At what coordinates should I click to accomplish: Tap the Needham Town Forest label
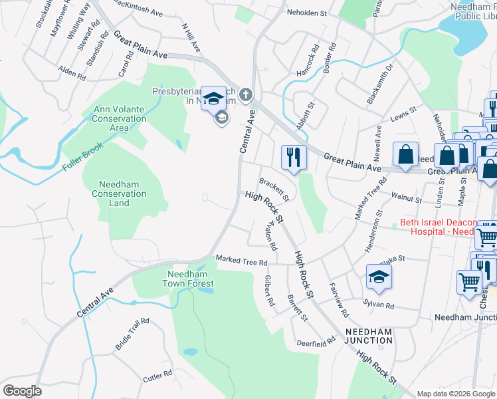click(x=187, y=279)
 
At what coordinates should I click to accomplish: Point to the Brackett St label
click(x=274, y=189)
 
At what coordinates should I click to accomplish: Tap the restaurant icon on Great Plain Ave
click(x=294, y=157)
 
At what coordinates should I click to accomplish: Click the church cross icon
click(x=246, y=94)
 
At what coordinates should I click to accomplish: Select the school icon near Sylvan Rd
click(x=379, y=276)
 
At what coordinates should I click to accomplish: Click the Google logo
click(x=22, y=391)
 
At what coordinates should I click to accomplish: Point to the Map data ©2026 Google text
click(x=456, y=394)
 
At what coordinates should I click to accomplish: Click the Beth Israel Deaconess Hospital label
click(x=439, y=227)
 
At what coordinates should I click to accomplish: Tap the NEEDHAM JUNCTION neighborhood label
click(x=368, y=336)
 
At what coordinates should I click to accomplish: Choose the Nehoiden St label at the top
click(x=307, y=12)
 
